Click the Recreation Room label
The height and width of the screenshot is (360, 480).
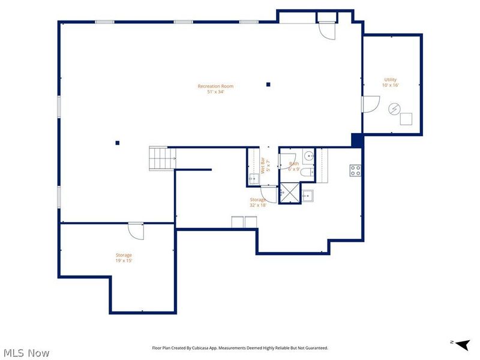click(215, 86)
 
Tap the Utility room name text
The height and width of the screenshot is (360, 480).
click(391, 80)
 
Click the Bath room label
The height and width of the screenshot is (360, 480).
click(294, 163)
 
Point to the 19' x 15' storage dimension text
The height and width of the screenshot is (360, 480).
click(124, 261)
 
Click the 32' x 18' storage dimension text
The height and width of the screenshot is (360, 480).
click(258, 205)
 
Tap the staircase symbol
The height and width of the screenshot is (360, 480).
click(160, 158)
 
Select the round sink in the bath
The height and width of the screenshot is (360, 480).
click(308, 156)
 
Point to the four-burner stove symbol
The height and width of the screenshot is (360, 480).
click(356, 170)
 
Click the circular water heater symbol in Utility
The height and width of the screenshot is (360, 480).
click(394, 109)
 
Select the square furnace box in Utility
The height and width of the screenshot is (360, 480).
click(407, 119)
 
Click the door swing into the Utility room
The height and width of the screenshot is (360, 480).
click(368, 104)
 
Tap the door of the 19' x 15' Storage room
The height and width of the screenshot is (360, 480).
click(136, 230)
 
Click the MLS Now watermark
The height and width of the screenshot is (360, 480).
click(26, 353)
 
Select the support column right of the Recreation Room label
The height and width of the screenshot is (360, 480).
click(269, 85)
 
